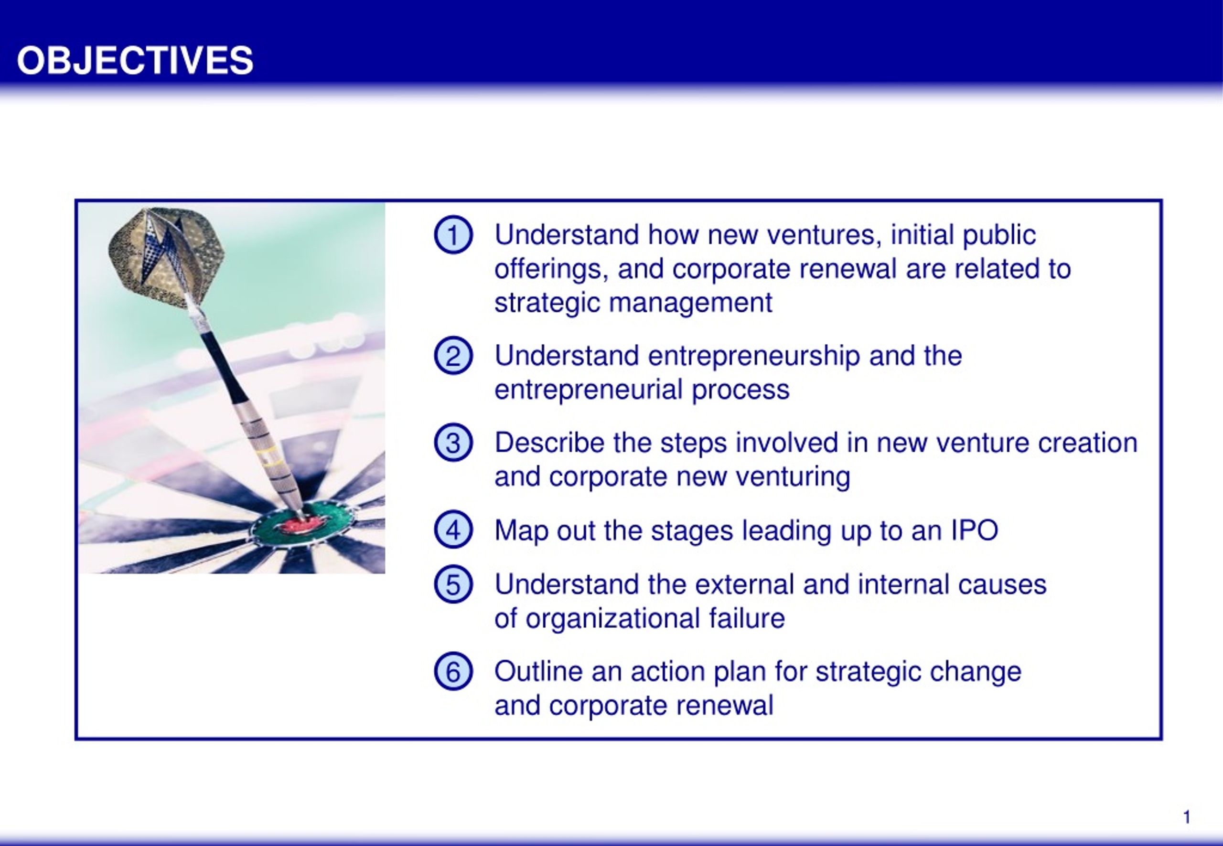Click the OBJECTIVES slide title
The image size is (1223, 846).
(135, 60)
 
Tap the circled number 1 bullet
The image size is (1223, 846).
(453, 234)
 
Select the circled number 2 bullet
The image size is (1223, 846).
(453, 355)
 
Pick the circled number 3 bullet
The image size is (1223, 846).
(453, 442)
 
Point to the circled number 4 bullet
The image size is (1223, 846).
(453, 529)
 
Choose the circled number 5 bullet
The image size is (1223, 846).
(453, 584)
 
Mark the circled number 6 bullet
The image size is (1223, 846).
(453, 671)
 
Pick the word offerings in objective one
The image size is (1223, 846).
(552, 270)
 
